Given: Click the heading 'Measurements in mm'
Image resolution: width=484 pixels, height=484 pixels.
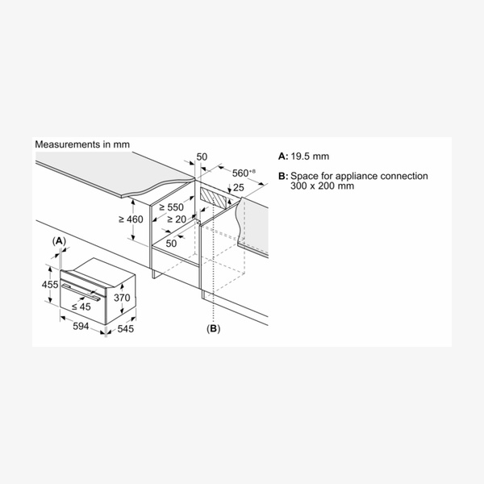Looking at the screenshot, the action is (x=82, y=144).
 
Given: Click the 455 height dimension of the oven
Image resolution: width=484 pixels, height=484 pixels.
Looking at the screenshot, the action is (x=50, y=284).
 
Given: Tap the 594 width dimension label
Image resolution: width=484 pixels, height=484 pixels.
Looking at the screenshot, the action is (x=81, y=326).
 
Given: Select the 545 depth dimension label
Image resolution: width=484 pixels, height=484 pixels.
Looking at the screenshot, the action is (x=126, y=329).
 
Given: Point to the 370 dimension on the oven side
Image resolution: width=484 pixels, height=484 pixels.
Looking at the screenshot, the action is (x=122, y=298).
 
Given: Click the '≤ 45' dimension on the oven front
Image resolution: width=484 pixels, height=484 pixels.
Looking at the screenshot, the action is (x=81, y=307).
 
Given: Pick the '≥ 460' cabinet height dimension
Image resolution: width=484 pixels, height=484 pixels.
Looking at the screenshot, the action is (x=131, y=219).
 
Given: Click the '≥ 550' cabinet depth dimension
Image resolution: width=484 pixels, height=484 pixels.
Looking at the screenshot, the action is (x=171, y=207).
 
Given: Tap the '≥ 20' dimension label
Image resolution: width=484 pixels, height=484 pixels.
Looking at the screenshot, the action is (x=177, y=219).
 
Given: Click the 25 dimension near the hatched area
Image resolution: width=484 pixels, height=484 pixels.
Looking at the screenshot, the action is (x=238, y=187).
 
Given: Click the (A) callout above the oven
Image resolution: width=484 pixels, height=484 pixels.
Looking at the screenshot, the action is (x=59, y=241).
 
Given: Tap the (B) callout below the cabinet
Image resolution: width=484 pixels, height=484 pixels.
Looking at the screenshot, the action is (x=213, y=329).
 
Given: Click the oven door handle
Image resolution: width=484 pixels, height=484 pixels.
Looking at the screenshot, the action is (x=81, y=292).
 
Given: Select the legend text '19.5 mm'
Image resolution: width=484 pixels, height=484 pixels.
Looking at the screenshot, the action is (x=310, y=156).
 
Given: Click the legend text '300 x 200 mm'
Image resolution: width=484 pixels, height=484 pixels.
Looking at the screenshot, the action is (x=322, y=186).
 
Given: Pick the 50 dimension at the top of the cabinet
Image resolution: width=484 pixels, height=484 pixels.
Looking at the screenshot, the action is (x=202, y=156).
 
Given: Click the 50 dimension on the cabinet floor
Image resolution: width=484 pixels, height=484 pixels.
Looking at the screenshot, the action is (x=171, y=244).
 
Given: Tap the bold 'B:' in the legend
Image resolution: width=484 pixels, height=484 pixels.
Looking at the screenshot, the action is (x=283, y=176).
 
